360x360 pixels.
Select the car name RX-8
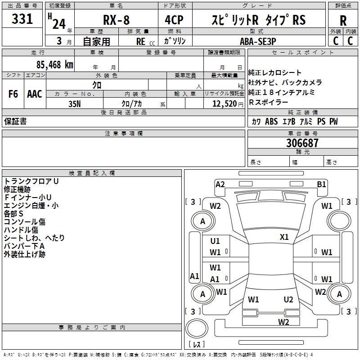(116, 20)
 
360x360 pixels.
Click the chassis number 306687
(302, 143)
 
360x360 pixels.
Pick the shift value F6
(13, 94)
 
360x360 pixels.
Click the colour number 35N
(74, 103)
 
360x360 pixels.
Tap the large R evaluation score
(343, 20)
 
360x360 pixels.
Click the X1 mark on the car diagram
(284, 237)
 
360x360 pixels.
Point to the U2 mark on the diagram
(288, 299)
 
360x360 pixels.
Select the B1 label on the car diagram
(321, 184)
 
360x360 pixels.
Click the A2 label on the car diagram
(220, 184)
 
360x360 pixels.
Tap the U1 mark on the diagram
(215, 241)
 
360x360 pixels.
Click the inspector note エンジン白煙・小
(31, 205)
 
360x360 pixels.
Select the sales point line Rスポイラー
(269, 102)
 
